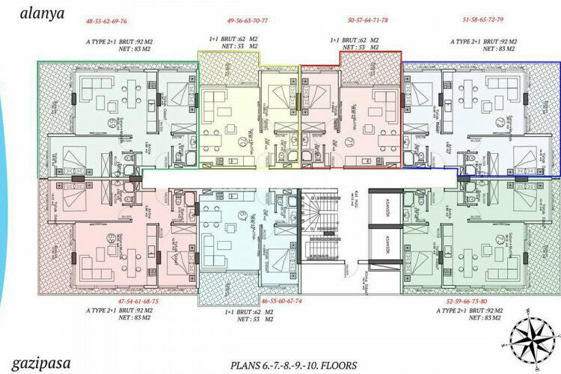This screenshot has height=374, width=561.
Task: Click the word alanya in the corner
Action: (29, 11)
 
